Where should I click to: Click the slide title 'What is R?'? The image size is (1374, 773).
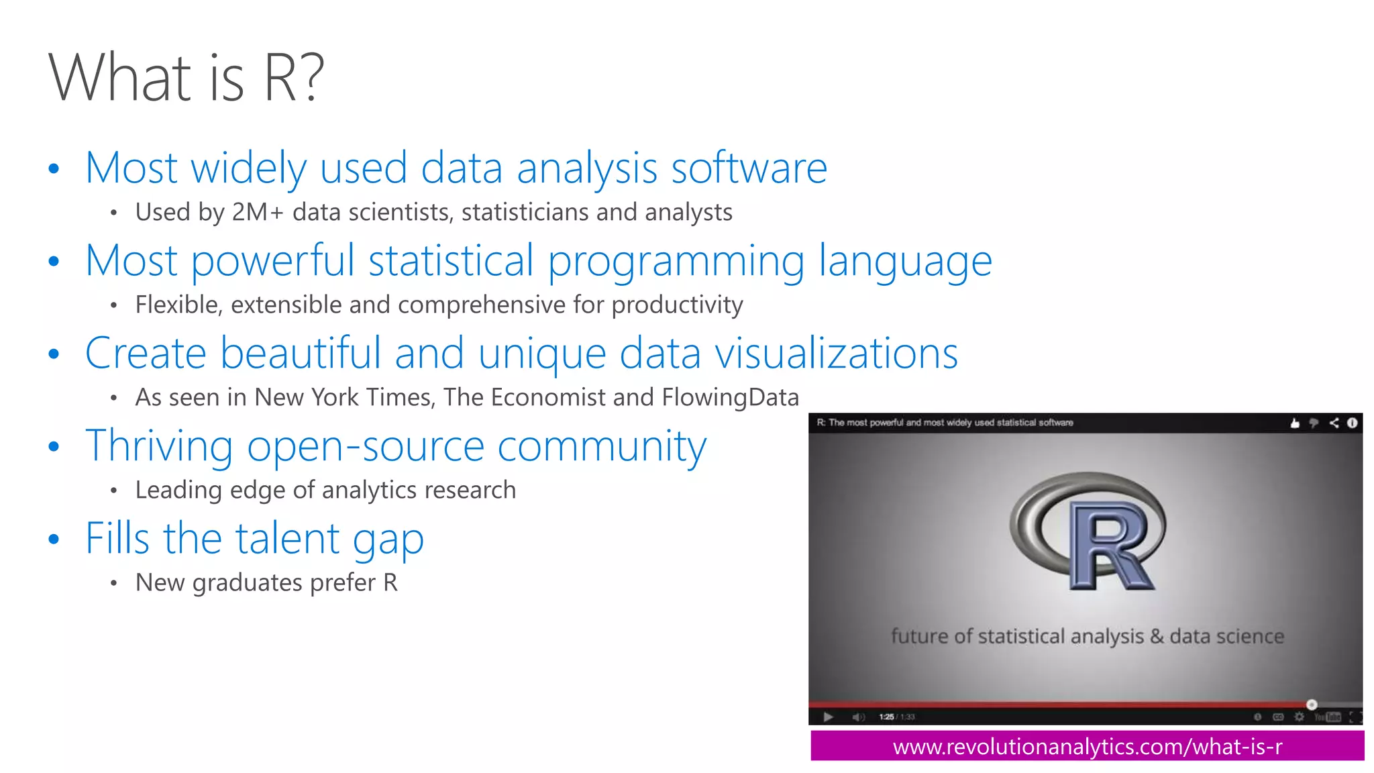(186, 78)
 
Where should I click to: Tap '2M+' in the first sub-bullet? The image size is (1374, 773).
(258, 212)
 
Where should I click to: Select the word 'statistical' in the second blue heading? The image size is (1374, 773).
(451, 260)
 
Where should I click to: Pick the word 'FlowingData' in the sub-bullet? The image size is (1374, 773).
(730, 397)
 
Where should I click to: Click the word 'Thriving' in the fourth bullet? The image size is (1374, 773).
(159, 446)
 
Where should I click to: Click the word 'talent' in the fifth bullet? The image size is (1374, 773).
(287, 538)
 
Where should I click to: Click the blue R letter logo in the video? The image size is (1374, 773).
(1110, 547)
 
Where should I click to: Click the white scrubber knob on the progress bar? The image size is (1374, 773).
(1312, 705)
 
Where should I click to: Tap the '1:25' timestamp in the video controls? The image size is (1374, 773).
(886, 717)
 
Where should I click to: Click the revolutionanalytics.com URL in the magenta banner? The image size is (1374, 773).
(1087, 746)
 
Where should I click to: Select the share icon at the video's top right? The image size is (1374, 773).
(1334, 423)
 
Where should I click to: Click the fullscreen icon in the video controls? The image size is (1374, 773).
(1355, 717)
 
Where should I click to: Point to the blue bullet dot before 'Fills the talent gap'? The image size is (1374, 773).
(54, 539)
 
